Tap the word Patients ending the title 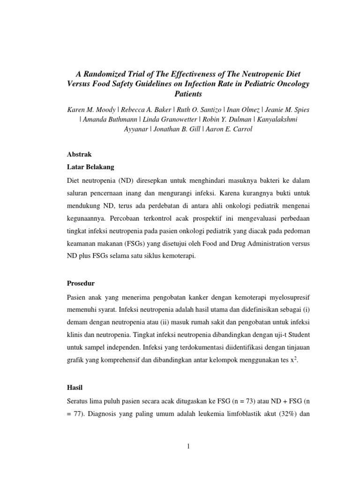[x=187, y=94]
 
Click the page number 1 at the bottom [x=187, y=446]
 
